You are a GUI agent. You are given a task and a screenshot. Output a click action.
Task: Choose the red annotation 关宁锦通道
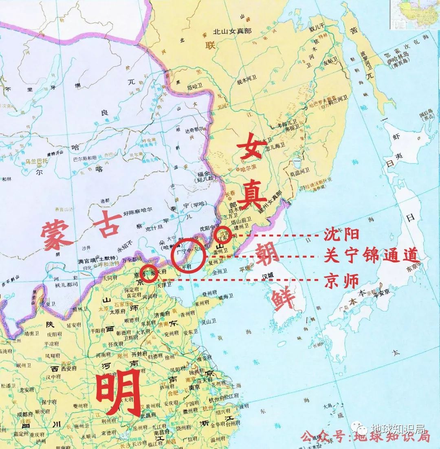pos(371,257)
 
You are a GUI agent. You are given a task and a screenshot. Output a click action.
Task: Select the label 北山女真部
pos(233,31)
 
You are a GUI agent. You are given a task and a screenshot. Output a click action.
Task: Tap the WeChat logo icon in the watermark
pos(361,429)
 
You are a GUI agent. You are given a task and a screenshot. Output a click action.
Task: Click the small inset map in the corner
pos(415,14)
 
